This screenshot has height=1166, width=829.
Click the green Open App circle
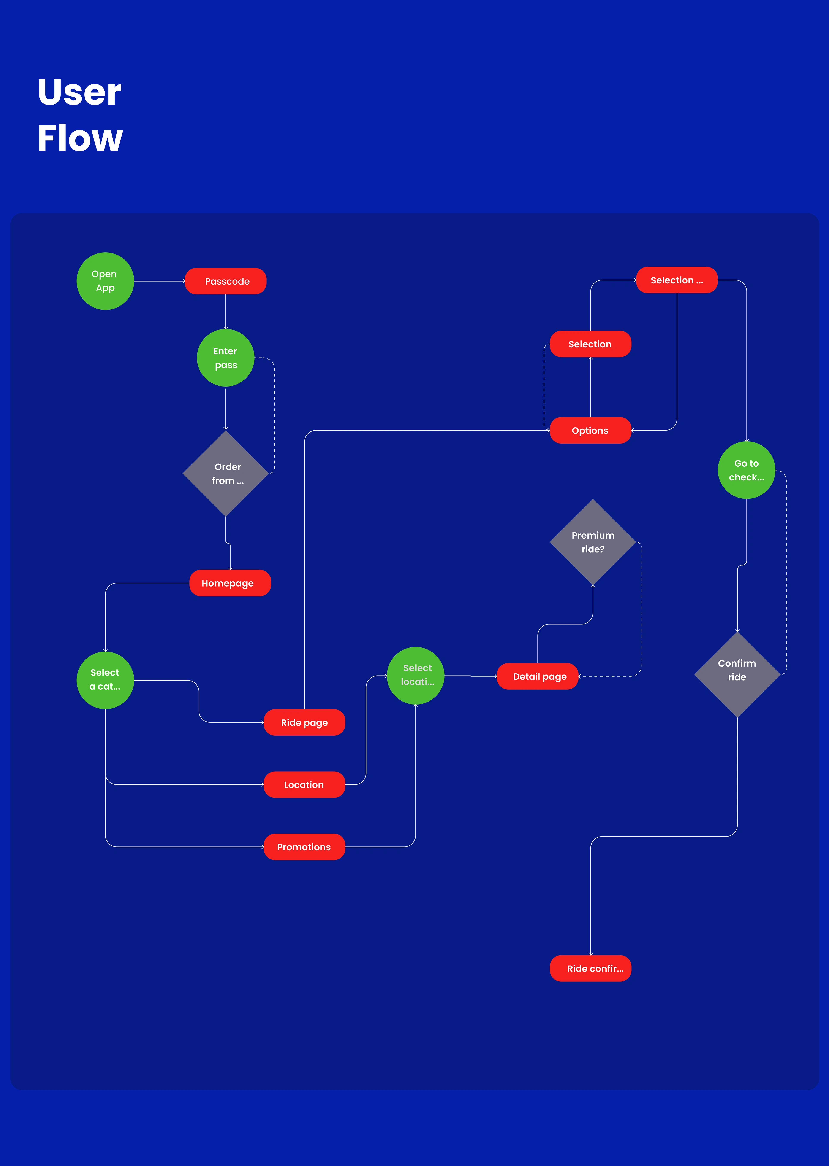click(105, 281)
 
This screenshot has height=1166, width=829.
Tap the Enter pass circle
click(226, 358)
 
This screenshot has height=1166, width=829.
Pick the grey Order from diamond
click(226, 473)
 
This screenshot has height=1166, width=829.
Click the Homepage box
click(230, 583)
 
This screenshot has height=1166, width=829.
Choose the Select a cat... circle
click(105, 680)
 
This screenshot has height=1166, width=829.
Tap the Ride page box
click(304, 722)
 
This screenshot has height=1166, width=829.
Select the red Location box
click(304, 784)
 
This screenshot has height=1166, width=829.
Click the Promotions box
click(304, 847)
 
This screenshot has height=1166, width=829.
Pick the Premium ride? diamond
click(593, 542)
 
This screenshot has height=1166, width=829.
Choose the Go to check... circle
click(746, 470)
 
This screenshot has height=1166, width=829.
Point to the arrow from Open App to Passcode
click(159, 281)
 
